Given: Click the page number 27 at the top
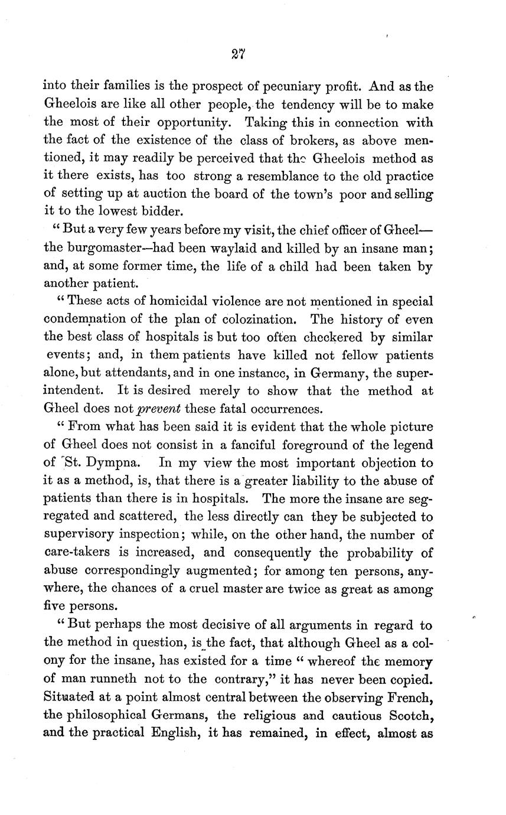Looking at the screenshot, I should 239,55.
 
